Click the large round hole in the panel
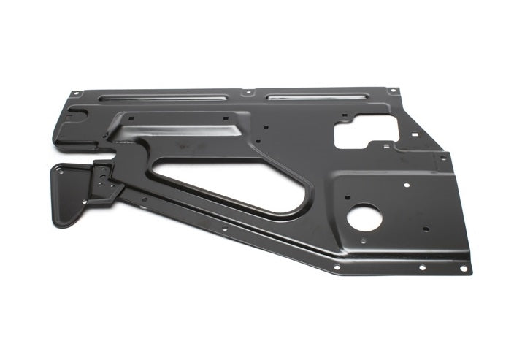tap(364, 217)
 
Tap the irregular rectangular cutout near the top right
tap(364, 131)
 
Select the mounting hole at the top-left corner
tap(74, 93)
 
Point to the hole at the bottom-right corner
tap(463, 268)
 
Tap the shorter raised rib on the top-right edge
tap(317, 95)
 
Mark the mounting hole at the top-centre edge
tap(249, 93)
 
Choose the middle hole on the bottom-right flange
tap(422, 267)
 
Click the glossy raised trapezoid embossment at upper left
tap(175, 131)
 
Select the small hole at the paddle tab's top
tap(59, 169)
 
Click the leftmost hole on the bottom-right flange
tap(337, 267)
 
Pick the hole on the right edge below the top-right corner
tap(442, 157)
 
